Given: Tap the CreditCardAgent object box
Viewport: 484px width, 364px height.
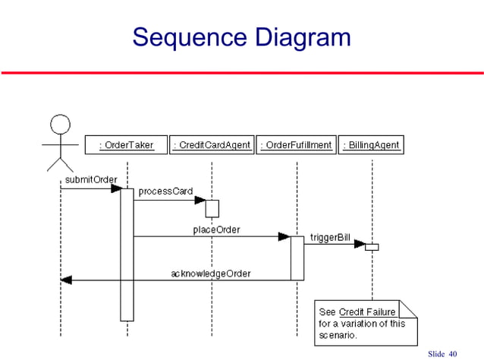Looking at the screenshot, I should (x=212, y=145).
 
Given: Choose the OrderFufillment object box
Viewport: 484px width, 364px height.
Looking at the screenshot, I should (x=297, y=145).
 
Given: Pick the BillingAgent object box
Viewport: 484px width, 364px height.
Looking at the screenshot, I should (x=371, y=145).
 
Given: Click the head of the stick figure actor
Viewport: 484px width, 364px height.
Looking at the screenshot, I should (x=60, y=124).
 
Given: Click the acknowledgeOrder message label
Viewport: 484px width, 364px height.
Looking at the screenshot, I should (x=210, y=272).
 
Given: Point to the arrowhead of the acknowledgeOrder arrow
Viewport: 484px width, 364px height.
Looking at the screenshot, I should (x=66, y=280).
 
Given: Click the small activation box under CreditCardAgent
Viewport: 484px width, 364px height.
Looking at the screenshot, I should (x=212, y=207).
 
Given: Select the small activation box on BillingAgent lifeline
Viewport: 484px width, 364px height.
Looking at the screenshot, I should (x=372, y=246).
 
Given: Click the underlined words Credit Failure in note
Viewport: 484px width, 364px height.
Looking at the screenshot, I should (x=367, y=312).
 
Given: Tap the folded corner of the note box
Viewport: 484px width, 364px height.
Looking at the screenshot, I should (x=409, y=309).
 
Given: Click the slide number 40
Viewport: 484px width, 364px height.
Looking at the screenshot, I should (x=454, y=354).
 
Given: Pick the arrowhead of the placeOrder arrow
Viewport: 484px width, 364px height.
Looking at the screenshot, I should (x=284, y=237).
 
